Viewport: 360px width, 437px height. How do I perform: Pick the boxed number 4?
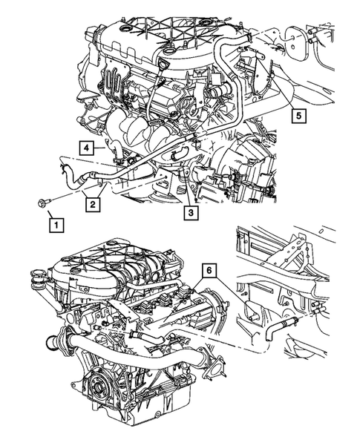[86, 147]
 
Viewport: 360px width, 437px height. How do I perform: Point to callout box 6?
[212, 272]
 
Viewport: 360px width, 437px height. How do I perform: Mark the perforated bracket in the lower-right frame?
[289, 256]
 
